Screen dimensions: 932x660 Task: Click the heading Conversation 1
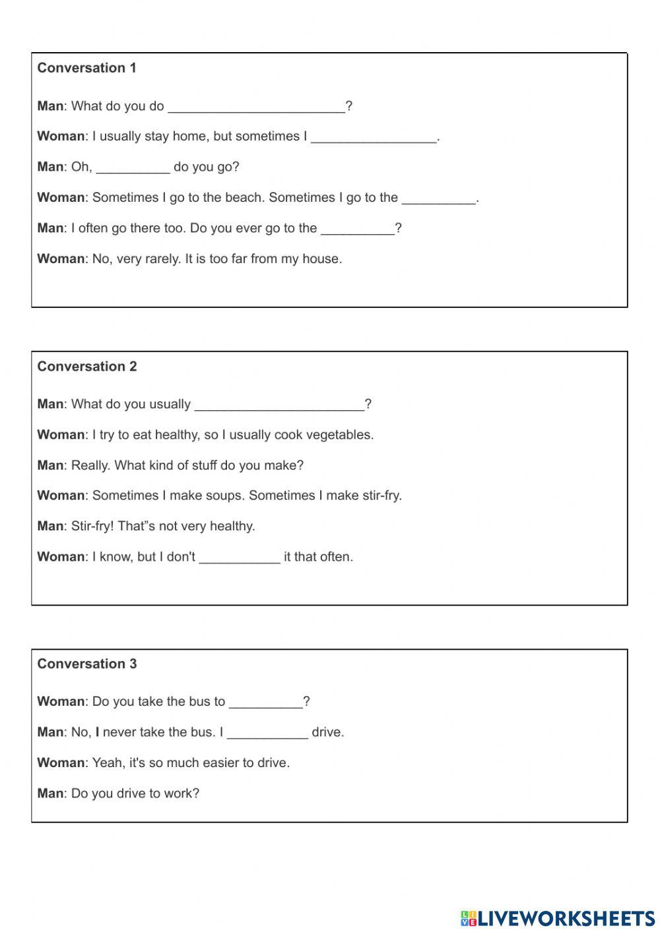pos(86,68)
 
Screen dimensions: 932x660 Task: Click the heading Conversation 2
pos(86,367)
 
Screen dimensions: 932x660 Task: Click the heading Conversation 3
pos(86,664)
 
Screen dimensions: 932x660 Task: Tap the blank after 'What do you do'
pos(256,107)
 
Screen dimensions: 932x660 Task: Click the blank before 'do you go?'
pos(133,168)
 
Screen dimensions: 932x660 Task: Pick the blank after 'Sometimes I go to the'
pos(438,198)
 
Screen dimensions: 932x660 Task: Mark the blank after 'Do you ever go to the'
pos(357,229)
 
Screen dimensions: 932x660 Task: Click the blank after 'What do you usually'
pos(279,405)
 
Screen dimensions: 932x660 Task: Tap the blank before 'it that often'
pos(239,557)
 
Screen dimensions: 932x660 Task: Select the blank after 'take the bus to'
pos(265,702)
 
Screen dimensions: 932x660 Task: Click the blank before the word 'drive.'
pos(267,733)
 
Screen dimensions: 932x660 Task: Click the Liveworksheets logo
pos(557,918)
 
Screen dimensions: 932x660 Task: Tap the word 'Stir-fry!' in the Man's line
pos(92,526)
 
